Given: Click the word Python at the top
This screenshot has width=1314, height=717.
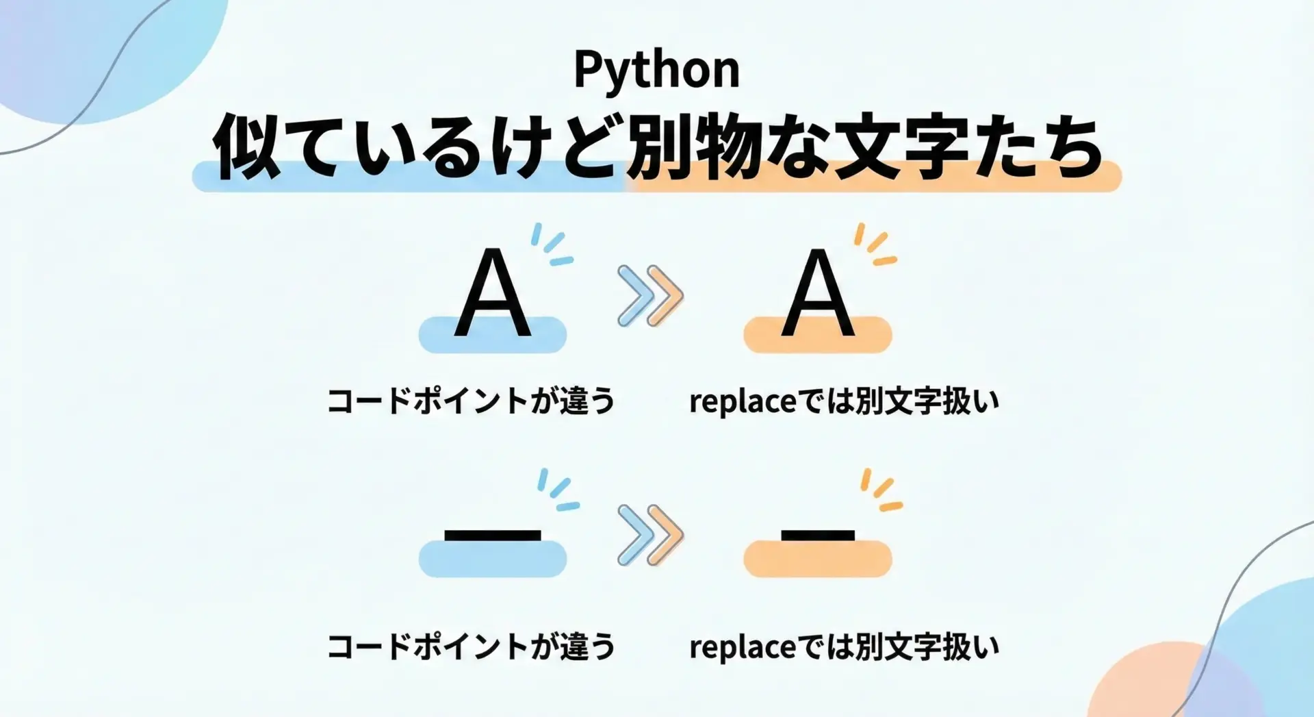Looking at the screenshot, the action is tap(657, 70).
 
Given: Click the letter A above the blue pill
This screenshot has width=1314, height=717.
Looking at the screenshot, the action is tap(493, 292).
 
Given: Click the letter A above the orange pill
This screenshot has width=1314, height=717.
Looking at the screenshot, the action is tap(818, 292).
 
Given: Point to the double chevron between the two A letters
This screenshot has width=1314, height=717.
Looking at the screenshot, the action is tap(650, 296).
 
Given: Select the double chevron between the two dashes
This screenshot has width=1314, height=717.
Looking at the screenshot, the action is tap(650, 535).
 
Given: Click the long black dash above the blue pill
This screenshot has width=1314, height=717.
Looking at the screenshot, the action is tap(493, 536).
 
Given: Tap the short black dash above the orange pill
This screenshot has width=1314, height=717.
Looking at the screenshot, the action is tap(818, 536).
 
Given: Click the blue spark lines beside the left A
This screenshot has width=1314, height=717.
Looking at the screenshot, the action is tap(552, 244).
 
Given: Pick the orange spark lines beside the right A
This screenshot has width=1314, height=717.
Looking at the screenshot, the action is tap(875, 244).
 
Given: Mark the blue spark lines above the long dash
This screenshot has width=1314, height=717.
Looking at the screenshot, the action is tap(558, 490).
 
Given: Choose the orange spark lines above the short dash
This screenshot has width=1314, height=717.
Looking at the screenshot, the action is tap(881, 490).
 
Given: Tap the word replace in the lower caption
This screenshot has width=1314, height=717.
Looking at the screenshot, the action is tap(743, 648).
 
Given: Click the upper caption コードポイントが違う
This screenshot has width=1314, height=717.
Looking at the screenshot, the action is tap(471, 401).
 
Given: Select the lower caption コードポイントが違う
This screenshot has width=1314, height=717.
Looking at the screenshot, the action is tap(471, 646).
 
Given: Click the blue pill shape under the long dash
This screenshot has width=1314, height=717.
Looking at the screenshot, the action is tap(493, 559).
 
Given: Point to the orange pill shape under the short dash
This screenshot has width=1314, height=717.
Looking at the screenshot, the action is tap(818, 559).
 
